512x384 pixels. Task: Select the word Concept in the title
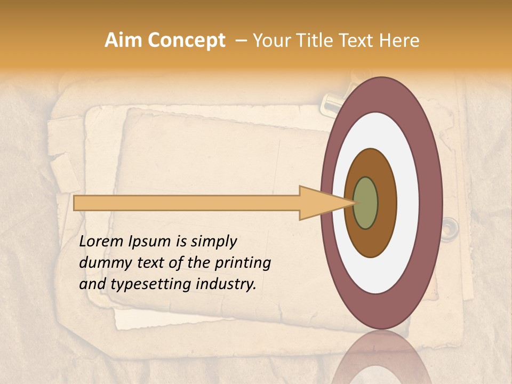point(187,41)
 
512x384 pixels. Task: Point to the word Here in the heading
point(398,41)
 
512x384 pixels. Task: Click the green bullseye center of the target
point(365,203)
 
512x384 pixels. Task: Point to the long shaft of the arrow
point(187,203)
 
